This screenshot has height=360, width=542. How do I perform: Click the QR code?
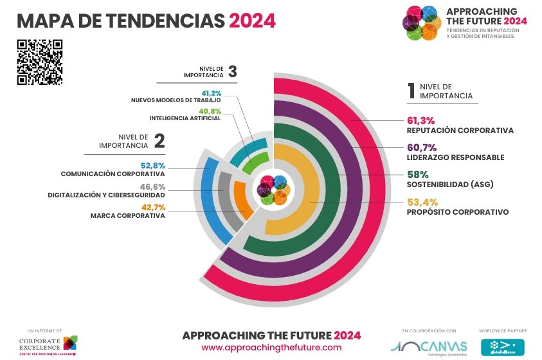click(39, 62)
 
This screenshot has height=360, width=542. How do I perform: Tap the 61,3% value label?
click(421, 120)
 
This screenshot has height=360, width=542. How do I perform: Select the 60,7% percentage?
click(422, 147)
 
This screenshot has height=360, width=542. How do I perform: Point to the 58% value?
click(418, 174)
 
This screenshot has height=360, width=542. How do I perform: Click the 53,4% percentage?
click(422, 202)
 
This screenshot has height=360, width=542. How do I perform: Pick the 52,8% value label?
click(153, 165)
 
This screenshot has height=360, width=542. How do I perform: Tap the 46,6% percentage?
click(153, 186)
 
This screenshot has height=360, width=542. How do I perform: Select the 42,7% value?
click(153, 207)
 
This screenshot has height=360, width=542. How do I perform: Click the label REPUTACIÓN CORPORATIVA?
click(460, 130)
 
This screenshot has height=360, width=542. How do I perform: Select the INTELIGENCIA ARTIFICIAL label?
click(185, 118)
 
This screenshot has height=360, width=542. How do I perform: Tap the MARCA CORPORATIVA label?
click(128, 216)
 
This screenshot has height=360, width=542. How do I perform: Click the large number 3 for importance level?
click(232, 71)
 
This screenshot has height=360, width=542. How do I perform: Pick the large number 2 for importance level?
click(159, 141)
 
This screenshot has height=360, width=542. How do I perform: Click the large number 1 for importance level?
click(410, 91)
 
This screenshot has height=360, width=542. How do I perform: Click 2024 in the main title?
click(252, 21)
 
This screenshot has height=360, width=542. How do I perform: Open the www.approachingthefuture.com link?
click(271, 347)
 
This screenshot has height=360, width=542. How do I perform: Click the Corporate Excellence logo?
click(48, 344)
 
